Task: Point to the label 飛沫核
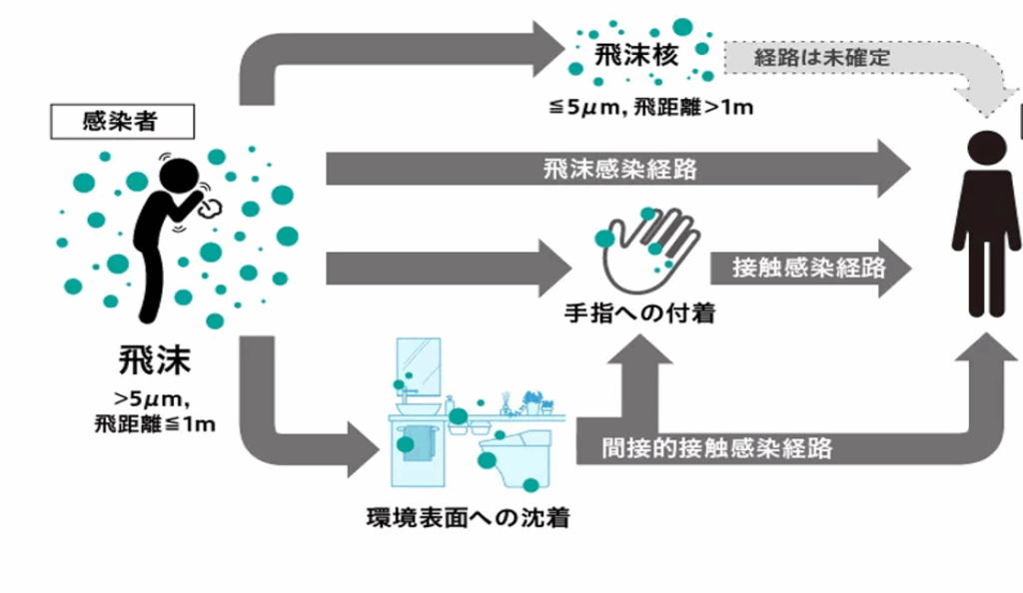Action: (636, 55)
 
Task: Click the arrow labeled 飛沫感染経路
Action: (619, 168)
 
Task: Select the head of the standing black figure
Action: (985, 149)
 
